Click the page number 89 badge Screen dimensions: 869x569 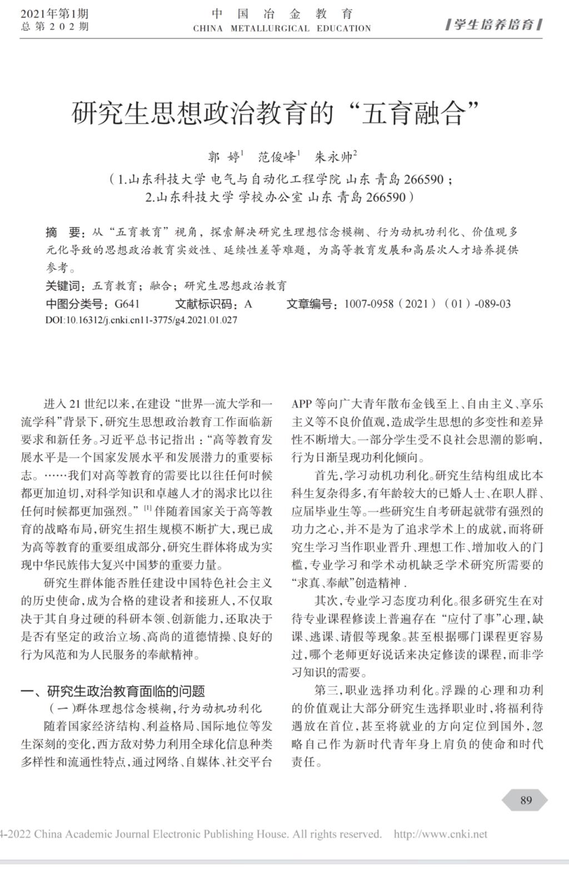tap(526, 800)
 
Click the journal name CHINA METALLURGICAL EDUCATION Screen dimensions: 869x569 tap(282, 28)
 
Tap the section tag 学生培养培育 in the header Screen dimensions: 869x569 tap(494, 24)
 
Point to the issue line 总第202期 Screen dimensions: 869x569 tap(54, 27)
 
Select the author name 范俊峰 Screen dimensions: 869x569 tap(278, 157)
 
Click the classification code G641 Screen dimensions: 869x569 tap(127, 304)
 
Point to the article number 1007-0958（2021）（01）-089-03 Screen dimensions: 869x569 tap(427, 304)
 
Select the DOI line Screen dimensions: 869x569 tap(141, 320)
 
